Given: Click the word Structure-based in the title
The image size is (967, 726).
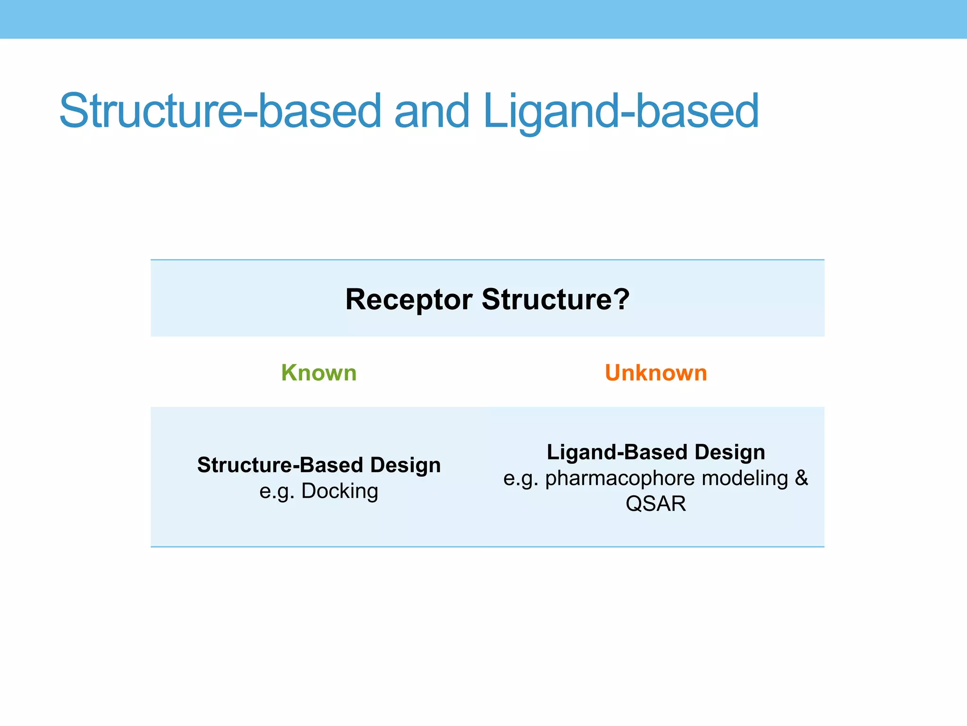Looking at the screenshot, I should tap(220, 111).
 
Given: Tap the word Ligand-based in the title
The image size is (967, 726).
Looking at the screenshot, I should tap(621, 111).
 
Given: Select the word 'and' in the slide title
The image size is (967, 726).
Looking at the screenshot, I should tap(432, 111).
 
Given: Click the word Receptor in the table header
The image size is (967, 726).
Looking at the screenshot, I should tap(408, 299).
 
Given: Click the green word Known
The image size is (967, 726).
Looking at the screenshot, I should tap(319, 373).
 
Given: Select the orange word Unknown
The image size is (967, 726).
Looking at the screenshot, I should tap(656, 373).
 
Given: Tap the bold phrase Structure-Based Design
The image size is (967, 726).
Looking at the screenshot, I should tap(319, 465).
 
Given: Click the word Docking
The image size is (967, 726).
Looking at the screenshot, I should tap(339, 491).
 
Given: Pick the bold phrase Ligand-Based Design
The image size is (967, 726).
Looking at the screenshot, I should tap(656, 452).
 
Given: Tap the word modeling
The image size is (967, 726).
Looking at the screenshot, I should tap(745, 478).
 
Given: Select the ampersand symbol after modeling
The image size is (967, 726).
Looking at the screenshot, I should tap(801, 478).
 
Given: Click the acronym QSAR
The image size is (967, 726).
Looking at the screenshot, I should tap(656, 504).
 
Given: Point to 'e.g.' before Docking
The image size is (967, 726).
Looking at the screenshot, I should tap(277, 491).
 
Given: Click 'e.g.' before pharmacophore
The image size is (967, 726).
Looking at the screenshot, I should tap(521, 478).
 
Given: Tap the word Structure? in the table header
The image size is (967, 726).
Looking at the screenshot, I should tap(555, 299).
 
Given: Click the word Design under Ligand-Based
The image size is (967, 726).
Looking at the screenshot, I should tap(729, 452).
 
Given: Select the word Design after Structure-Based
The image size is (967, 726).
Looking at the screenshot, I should tap(405, 465).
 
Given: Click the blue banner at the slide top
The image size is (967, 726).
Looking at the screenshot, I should tap(483, 19).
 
